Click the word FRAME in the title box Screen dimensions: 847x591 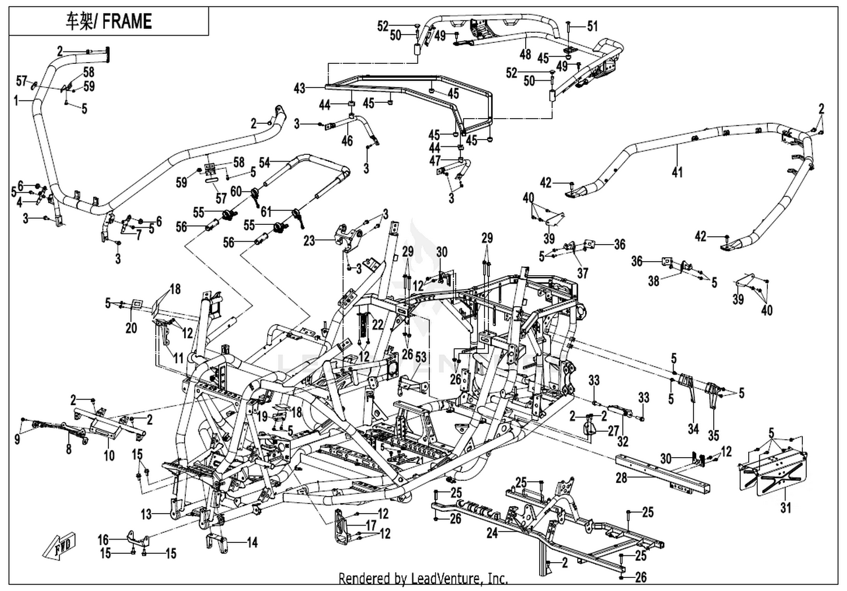coord(127,21)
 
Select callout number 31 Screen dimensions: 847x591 coord(786,507)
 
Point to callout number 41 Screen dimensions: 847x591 coord(677,172)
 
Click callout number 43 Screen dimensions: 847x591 coord(299,89)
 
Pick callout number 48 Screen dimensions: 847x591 coord(525,54)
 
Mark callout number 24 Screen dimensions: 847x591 coord(492,533)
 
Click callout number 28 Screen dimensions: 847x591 coord(622,478)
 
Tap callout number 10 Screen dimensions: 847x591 coord(110,455)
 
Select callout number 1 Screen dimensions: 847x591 coord(16,101)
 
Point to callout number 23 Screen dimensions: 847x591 coord(309,240)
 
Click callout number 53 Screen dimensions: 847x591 coord(421,357)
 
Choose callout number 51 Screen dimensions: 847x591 coord(592,26)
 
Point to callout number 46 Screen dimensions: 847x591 coord(347,141)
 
